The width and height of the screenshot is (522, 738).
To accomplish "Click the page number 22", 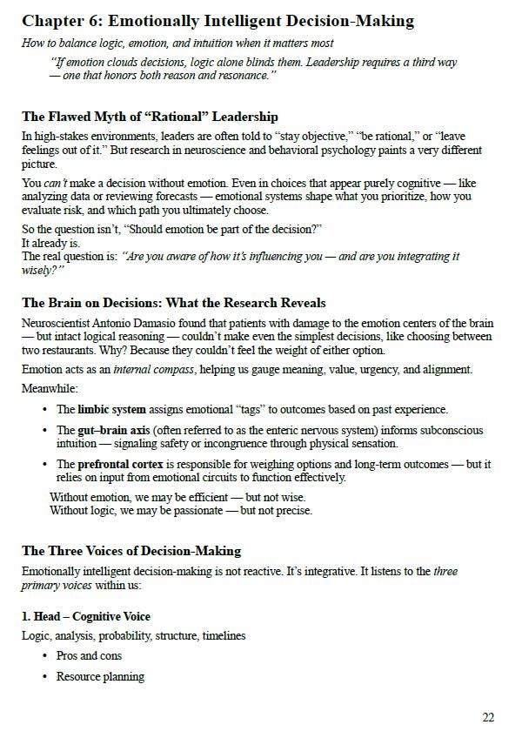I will pos(488,717).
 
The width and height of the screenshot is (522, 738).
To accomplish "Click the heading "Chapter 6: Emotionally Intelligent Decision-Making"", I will pos(217,21).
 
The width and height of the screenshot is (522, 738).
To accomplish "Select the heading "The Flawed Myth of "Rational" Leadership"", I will pos(150,116).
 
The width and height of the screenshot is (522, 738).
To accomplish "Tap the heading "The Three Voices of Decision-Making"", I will pos(131,551).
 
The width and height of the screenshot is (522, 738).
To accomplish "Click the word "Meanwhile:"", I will pos(50,388).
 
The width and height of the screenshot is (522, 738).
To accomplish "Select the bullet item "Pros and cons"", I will pos(89,655).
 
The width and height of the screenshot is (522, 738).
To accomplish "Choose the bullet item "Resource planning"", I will pos(100,676).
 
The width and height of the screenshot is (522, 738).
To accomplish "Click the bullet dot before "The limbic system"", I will pos(45,410).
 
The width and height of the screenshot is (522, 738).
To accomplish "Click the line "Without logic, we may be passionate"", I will pos(180,510).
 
